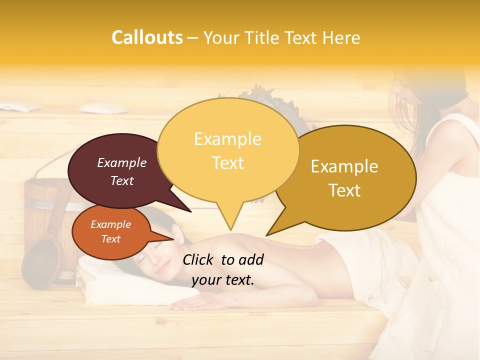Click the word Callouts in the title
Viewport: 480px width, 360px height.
coord(147,37)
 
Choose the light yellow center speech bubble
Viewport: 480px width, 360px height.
coord(228,150)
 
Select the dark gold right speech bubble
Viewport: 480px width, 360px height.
coord(350,177)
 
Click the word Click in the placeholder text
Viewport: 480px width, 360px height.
coord(199,259)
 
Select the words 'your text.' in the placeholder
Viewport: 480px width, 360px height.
coord(223,280)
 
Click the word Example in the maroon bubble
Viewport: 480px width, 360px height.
coord(122,162)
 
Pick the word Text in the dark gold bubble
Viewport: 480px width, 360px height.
coord(345,190)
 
